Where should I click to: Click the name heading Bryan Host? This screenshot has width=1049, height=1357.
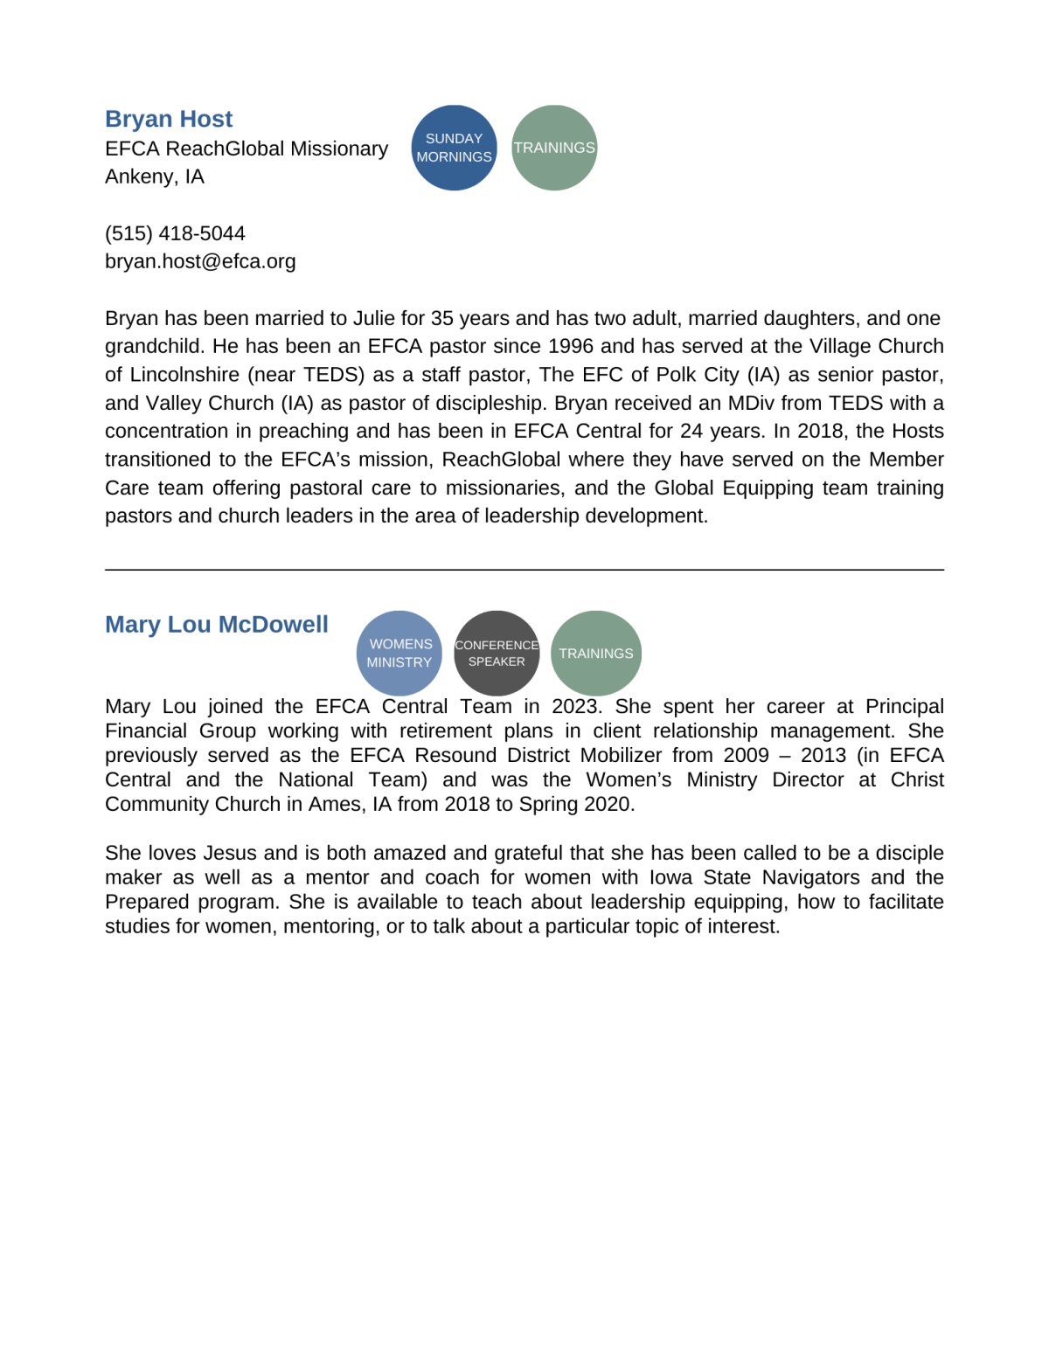pyautogui.click(x=169, y=119)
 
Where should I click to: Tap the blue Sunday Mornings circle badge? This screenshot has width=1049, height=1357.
pyautogui.click(x=454, y=148)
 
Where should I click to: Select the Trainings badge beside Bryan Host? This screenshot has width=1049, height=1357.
pyautogui.click(x=554, y=148)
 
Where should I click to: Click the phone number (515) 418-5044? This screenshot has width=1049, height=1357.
pyautogui.click(x=175, y=233)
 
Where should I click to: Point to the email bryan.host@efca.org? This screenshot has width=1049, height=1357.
pyautogui.click(x=200, y=261)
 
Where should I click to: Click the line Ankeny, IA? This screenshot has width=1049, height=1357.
pyautogui.click(x=155, y=177)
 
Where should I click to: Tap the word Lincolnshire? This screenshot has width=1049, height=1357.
pyautogui.click(x=184, y=375)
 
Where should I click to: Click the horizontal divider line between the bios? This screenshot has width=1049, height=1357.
pyautogui.click(x=524, y=570)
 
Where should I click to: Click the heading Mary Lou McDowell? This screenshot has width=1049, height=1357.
pyautogui.click(x=217, y=625)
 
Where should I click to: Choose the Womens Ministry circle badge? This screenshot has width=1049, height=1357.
pyautogui.click(x=399, y=654)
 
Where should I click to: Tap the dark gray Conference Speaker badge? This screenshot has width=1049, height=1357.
pyautogui.click(x=497, y=654)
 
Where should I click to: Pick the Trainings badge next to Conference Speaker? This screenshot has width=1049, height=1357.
pyautogui.click(x=596, y=654)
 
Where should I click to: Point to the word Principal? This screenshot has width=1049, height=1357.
pyautogui.click(x=904, y=706)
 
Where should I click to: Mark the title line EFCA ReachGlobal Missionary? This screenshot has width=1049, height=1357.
pyautogui.click(x=247, y=149)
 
